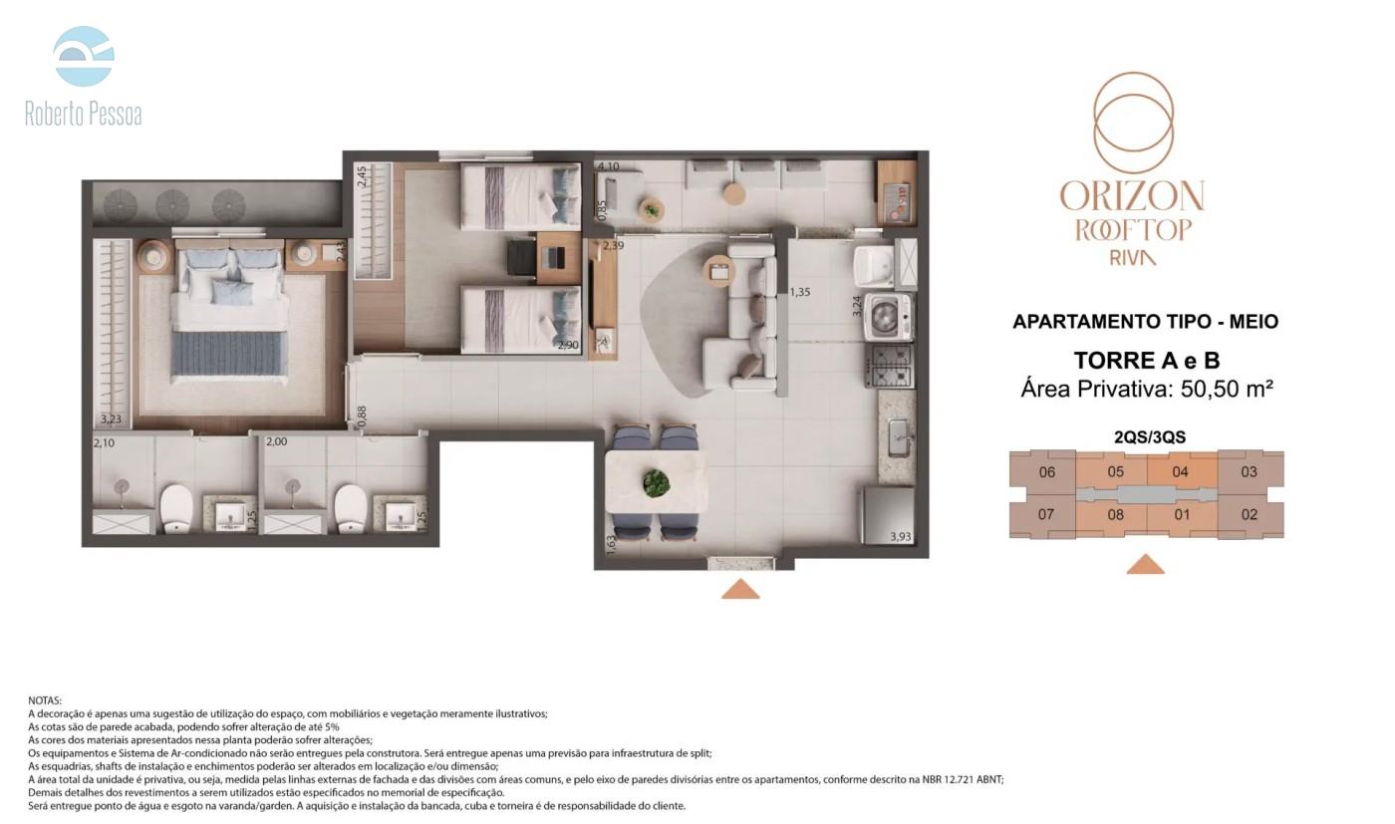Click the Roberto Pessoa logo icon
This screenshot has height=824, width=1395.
84,56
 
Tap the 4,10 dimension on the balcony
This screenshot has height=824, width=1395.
609,166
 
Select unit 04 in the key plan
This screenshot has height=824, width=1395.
1181,472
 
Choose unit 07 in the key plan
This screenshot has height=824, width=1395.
1046,514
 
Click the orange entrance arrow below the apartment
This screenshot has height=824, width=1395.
740,589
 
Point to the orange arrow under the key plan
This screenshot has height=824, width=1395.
1146,564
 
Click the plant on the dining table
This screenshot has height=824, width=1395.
657,483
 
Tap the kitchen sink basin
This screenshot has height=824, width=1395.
898,438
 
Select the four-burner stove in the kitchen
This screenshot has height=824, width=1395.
889,366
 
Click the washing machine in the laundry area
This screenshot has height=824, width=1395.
891,318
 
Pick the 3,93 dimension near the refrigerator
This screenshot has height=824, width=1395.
901,536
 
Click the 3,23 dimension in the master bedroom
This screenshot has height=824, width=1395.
111,419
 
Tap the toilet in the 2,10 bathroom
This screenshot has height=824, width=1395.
176,508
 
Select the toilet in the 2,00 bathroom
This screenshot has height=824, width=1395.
350,508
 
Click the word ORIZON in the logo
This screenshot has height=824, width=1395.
1132,195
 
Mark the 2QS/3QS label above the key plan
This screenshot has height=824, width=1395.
1150,437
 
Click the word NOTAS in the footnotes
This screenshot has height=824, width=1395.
45,700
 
